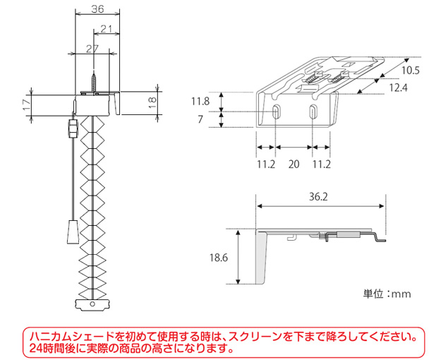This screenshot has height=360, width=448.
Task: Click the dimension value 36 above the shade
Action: coord(97,9)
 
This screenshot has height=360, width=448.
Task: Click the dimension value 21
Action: coord(107,29)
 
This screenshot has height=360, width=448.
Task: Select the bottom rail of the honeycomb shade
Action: coord(92,304)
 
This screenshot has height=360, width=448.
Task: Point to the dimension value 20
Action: coord(294,164)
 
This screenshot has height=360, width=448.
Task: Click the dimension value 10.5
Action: coord(412,70)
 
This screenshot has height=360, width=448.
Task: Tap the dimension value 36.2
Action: coord(319,198)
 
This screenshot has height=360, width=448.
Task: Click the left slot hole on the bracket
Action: coord(276,112)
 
